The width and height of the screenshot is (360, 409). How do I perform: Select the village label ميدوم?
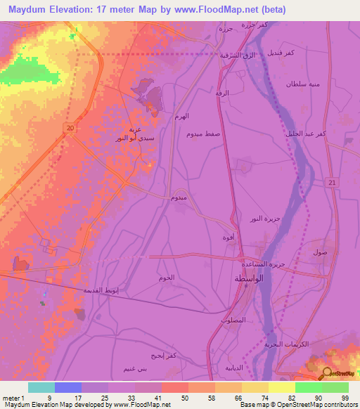click(x=179, y=199)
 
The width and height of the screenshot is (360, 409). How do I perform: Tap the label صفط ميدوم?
click(x=204, y=133)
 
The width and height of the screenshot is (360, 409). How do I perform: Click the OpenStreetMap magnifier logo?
click(x=327, y=372)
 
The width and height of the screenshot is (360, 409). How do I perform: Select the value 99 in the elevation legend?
click(x=344, y=397)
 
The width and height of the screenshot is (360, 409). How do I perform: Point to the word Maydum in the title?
click(x=30, y=8)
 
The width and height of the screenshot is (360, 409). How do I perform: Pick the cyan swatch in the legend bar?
click(x=41, y=387)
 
